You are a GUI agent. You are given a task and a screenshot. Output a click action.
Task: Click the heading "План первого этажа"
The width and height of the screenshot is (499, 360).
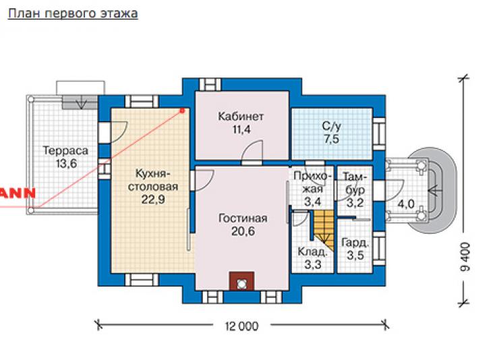[x=73, y=13]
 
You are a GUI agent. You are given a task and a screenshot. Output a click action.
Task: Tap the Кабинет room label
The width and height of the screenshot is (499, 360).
[x=241, y=117]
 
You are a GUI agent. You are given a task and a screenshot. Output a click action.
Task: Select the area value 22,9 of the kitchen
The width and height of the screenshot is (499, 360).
[x=153, y=200]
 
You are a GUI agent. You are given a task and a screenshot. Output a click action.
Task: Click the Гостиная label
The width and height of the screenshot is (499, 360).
[x=243, y=218]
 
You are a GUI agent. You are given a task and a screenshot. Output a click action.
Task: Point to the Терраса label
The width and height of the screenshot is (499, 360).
[x=65, y=151]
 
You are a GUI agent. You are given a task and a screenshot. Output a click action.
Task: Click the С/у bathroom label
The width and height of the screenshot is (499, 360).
[x=331, y=126]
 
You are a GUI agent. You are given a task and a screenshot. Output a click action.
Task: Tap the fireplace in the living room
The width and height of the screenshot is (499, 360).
[x=242, y=281]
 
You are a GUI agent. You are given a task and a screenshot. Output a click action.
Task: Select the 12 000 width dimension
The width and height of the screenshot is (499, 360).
[x=242, y=326]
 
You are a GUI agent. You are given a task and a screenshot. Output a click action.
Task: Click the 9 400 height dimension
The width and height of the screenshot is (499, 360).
[x=465, y=256]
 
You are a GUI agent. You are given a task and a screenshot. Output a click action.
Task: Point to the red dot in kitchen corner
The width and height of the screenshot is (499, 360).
[x=182, y=111]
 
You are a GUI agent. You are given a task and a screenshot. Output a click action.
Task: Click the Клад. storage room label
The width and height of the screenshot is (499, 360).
[x=312, y=252]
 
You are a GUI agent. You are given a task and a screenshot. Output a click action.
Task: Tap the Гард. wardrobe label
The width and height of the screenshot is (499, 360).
[x=355, y=243]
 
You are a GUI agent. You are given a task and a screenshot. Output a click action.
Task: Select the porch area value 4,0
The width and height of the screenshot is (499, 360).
[x=406, y=204]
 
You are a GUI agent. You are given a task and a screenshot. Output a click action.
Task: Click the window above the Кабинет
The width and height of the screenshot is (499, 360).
[x=210, y=84]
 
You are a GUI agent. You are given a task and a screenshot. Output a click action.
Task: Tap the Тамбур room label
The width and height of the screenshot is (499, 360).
[x=355, y=183]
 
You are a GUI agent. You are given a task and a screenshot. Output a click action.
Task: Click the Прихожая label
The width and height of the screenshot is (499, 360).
[x=313, y=183]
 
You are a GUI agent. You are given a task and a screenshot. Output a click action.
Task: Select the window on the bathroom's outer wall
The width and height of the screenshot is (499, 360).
[x=379, y=133]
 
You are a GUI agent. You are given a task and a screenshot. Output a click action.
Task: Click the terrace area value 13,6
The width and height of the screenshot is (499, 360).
[x=66, y=164]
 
